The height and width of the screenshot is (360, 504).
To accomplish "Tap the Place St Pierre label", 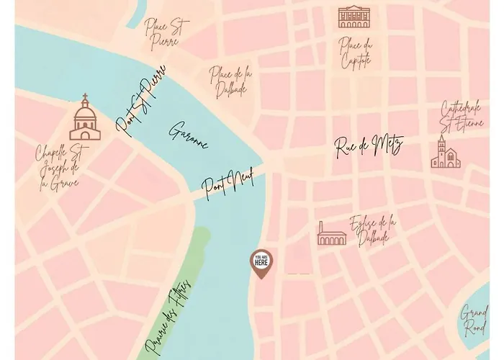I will pyautogui.click(x=167, y=34).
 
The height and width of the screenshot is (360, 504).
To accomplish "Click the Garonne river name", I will pyautogui.click(x=189, y=135).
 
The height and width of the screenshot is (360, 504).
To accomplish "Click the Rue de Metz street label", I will pyautogui.click(x=369, y=146).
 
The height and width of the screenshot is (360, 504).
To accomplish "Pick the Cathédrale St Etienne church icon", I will pyautogui.click(x=445, y=153).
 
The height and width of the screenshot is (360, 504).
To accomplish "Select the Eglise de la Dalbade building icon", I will pyautogui.click(x=331, y=233).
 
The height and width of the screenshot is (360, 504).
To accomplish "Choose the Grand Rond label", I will pyautogui.click(x=476, y=321).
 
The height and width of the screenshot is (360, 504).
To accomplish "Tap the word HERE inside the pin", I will pyautogui.click(x=261, y=264).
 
